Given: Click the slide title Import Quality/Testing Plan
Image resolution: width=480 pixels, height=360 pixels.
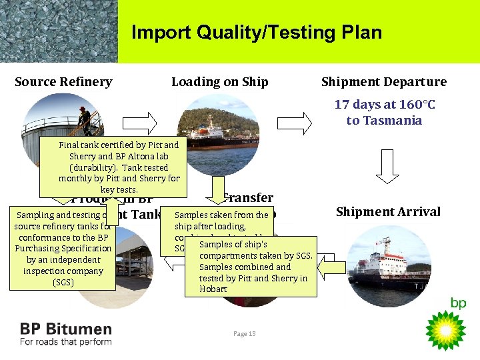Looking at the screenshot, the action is tap(257, 32).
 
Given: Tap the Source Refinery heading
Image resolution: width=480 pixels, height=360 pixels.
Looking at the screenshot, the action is tap(63, 82).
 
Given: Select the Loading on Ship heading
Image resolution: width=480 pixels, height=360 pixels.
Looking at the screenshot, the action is tap(219, 82).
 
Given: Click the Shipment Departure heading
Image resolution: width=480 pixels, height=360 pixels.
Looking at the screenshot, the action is tap(383, 82).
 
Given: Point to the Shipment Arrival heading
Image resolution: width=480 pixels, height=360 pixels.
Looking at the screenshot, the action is tap(388, 212).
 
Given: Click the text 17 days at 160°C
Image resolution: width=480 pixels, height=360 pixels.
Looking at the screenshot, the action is tap(384, 105).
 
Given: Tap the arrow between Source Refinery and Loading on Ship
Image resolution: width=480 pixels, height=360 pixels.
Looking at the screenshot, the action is tap(139, 123).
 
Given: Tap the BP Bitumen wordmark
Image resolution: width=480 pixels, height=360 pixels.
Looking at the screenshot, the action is tap(65, 329).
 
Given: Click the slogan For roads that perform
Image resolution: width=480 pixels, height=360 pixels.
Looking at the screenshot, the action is tap(65, 342).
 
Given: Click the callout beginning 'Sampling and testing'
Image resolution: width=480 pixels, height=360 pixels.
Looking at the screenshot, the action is tap(63, 249).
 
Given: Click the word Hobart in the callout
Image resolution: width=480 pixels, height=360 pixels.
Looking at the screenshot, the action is tap(213, 289).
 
